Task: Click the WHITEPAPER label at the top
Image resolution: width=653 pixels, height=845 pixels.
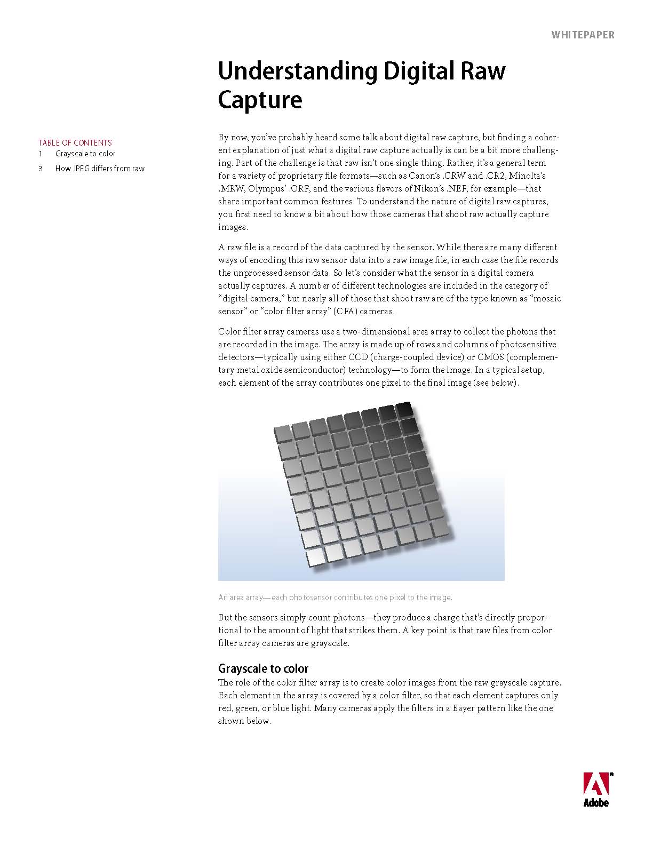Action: (583, 35)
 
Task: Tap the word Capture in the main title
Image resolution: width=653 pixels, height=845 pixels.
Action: (260, 100)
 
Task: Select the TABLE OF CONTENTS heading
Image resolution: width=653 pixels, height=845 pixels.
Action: (75, 142)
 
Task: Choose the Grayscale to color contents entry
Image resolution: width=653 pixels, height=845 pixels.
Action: (85, 154)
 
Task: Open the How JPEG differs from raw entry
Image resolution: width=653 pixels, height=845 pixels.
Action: (100, 169)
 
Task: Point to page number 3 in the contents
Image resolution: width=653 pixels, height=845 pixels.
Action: (40, 169)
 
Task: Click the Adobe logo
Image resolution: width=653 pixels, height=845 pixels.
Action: (596, 789)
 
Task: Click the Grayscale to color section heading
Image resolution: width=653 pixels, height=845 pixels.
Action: (263, 668)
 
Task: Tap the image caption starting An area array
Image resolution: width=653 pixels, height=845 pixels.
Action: (335, 597)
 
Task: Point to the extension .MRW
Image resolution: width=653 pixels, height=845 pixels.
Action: (230, 188)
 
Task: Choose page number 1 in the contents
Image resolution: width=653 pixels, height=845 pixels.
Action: (40, 154)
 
